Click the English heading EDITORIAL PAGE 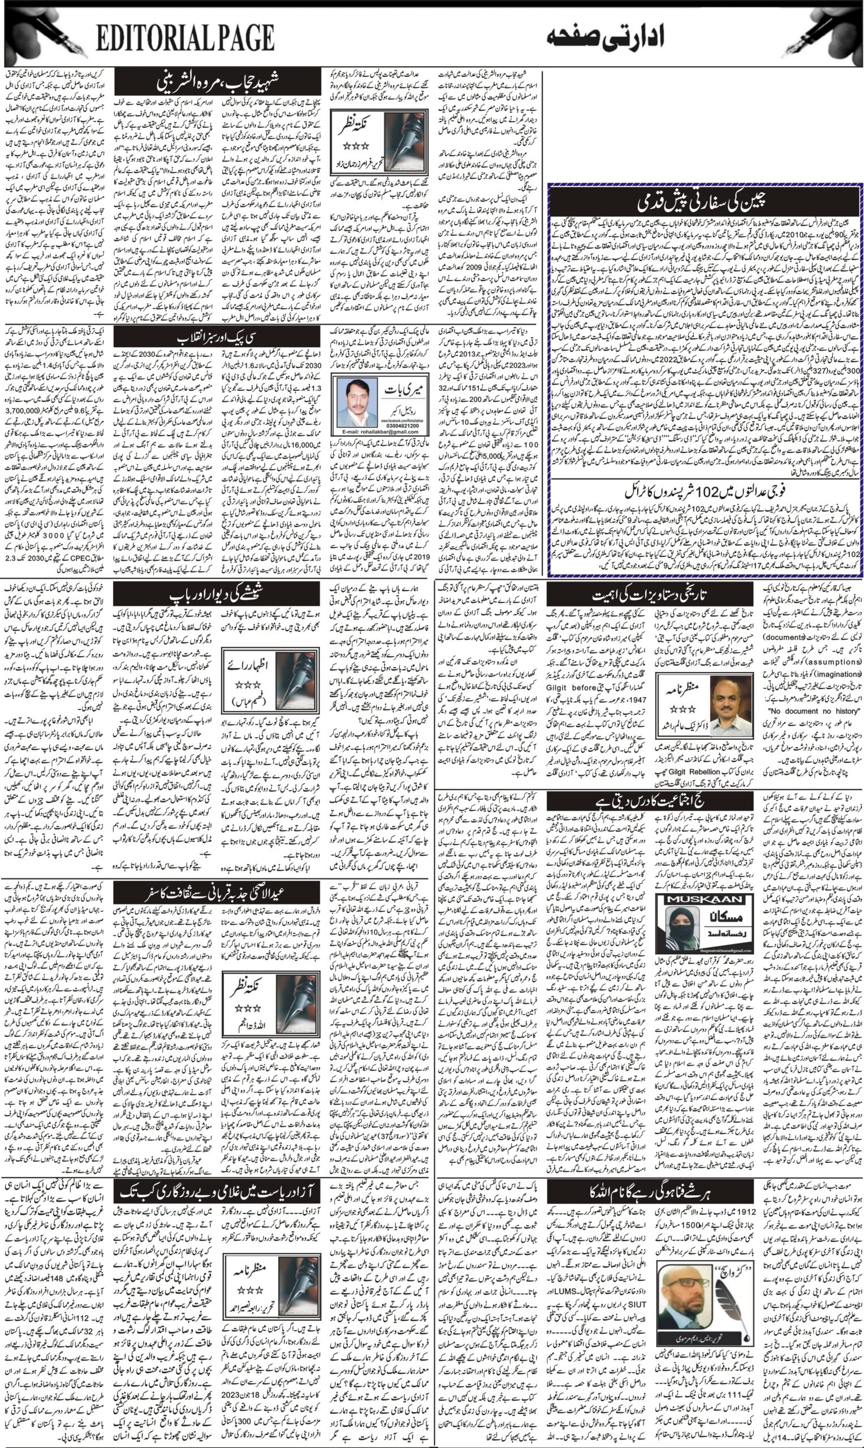point(185,39)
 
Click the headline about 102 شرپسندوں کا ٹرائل point(706,490)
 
